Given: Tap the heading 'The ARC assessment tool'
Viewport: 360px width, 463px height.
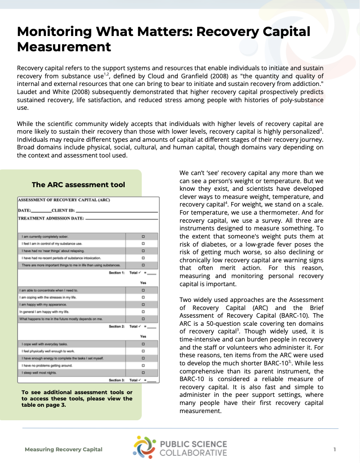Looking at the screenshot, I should point(78,184).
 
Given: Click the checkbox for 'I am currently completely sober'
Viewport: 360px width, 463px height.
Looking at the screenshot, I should point(143,236).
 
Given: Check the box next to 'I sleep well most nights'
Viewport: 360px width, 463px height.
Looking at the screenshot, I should point(143,373).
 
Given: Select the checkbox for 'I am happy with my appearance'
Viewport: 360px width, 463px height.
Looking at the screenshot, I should point(143,305).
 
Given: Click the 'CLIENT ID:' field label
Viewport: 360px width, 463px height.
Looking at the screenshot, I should point(63,210).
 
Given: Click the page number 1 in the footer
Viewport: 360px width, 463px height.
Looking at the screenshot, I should point(335,449).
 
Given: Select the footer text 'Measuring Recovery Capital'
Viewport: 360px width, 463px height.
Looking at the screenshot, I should point(63,449).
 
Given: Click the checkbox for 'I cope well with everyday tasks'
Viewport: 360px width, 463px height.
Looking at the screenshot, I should point(143,344).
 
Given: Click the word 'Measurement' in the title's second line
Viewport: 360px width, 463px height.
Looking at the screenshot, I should point(64,46).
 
